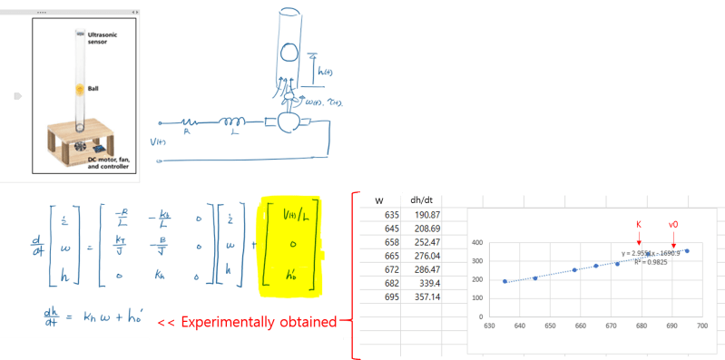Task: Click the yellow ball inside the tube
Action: pos(80,89)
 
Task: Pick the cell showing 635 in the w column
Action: pos(391,214)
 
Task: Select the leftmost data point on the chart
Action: pos(504,281)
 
